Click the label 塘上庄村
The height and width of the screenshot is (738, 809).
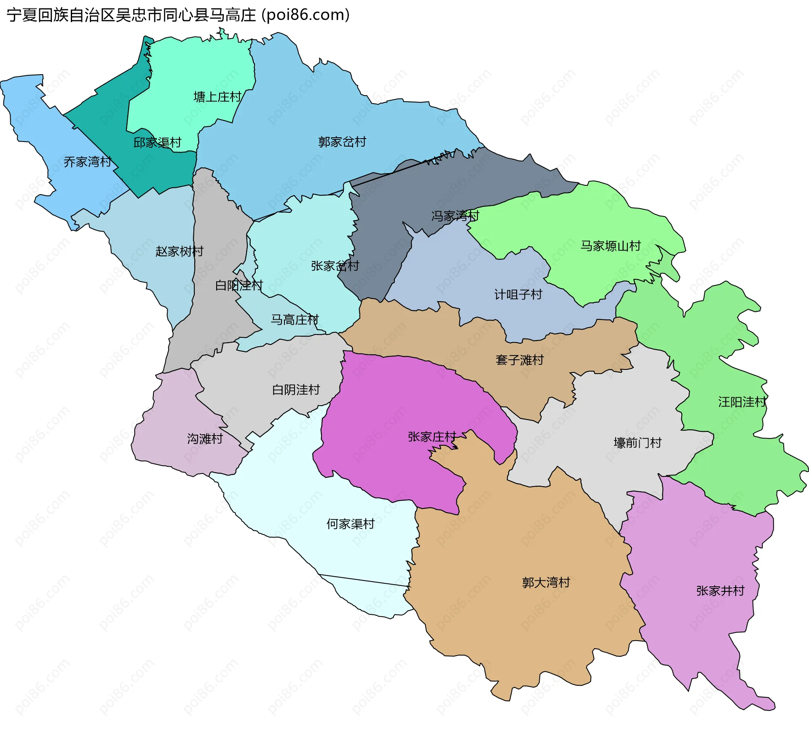coord(217,97)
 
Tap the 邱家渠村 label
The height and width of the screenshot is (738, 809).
coord(157,143)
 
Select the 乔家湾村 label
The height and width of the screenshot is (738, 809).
coord(88,162)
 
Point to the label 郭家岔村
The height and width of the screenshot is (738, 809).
coord(342,142)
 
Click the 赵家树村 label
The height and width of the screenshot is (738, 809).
coord(179,251)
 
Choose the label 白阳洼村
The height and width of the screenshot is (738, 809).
coord(239,286)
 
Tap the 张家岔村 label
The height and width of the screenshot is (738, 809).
coord(335,266)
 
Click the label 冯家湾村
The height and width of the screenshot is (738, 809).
coord(455,216)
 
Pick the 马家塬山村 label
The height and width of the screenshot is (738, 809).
coord(611,246)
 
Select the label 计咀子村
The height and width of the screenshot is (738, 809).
coord(518,294)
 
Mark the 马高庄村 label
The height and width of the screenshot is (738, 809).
coord(295,320)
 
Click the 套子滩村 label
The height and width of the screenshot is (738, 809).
coord(520,360)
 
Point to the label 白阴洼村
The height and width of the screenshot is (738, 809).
coord(296,390)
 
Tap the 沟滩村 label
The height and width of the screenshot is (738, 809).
coord(205,439)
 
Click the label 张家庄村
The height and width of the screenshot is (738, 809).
coord(432,437)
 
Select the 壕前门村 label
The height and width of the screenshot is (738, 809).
coord(638,443)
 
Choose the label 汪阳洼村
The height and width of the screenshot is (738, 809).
coord(742,402)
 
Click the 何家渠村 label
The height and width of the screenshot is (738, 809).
coord(351,524)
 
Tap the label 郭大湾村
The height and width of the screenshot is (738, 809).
coord(546,583)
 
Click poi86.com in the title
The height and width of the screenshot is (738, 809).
coord(305,15)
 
